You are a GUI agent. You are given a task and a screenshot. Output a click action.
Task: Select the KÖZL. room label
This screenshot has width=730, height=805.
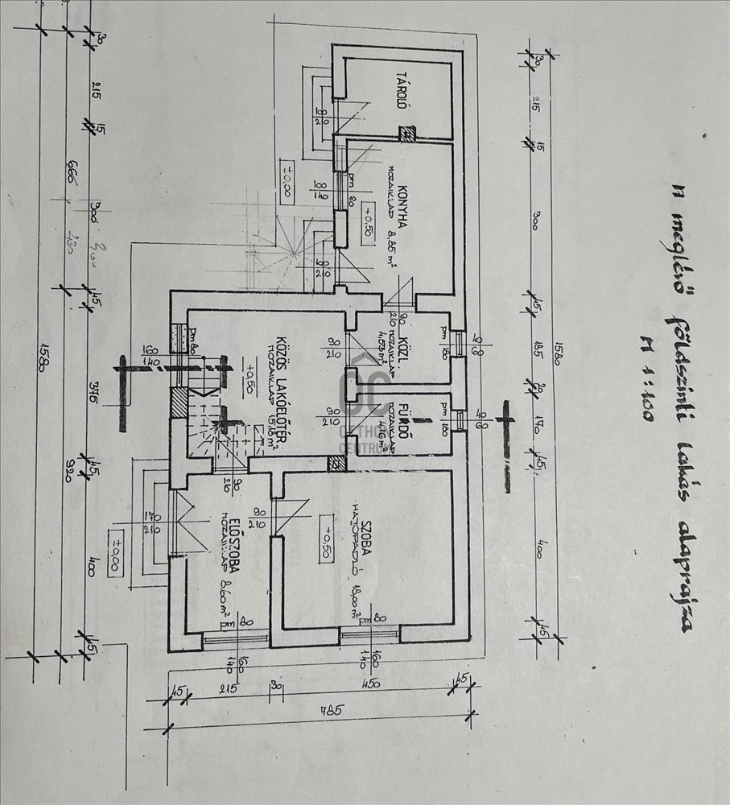[x=418, y=347]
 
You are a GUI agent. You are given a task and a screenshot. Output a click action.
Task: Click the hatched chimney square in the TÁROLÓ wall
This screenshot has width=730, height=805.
[x=408, y=133]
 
